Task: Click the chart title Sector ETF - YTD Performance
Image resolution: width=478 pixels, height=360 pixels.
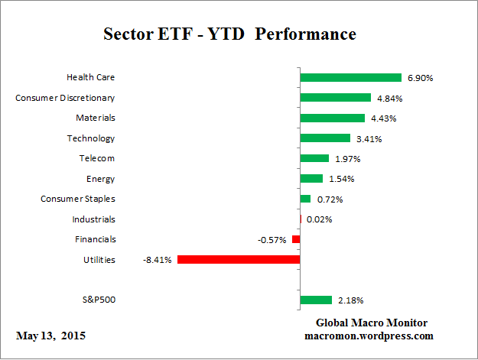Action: tap(229, 35)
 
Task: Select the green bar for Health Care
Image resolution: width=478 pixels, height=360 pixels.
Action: tap(350, 77)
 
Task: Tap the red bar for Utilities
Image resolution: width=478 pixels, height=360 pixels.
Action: tap(238, 259)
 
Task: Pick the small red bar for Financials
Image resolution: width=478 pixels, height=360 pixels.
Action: tap(296, 239)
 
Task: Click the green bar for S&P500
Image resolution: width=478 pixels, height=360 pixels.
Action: tap(316, 300)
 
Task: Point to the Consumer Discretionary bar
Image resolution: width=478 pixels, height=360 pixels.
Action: tap(335, 98)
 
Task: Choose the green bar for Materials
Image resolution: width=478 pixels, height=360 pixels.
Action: tap(332, 118)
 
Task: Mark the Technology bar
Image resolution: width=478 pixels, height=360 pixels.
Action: tap(325, 138)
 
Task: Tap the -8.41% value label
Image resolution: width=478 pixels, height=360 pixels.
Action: tap(157, 260)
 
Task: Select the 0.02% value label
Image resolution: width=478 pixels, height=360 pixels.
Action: tap(320, 219)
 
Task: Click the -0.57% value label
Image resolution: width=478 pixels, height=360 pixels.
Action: tap(272, 240)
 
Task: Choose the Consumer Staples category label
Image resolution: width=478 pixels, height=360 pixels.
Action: tap(78, 199)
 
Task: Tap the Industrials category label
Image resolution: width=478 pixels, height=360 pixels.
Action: tap(93, 219)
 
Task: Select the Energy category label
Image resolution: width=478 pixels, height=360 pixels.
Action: tap(101, 179)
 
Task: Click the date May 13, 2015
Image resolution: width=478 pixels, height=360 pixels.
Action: tap(50, 336)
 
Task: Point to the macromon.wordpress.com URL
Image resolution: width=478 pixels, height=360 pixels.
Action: tap(369, 336)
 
